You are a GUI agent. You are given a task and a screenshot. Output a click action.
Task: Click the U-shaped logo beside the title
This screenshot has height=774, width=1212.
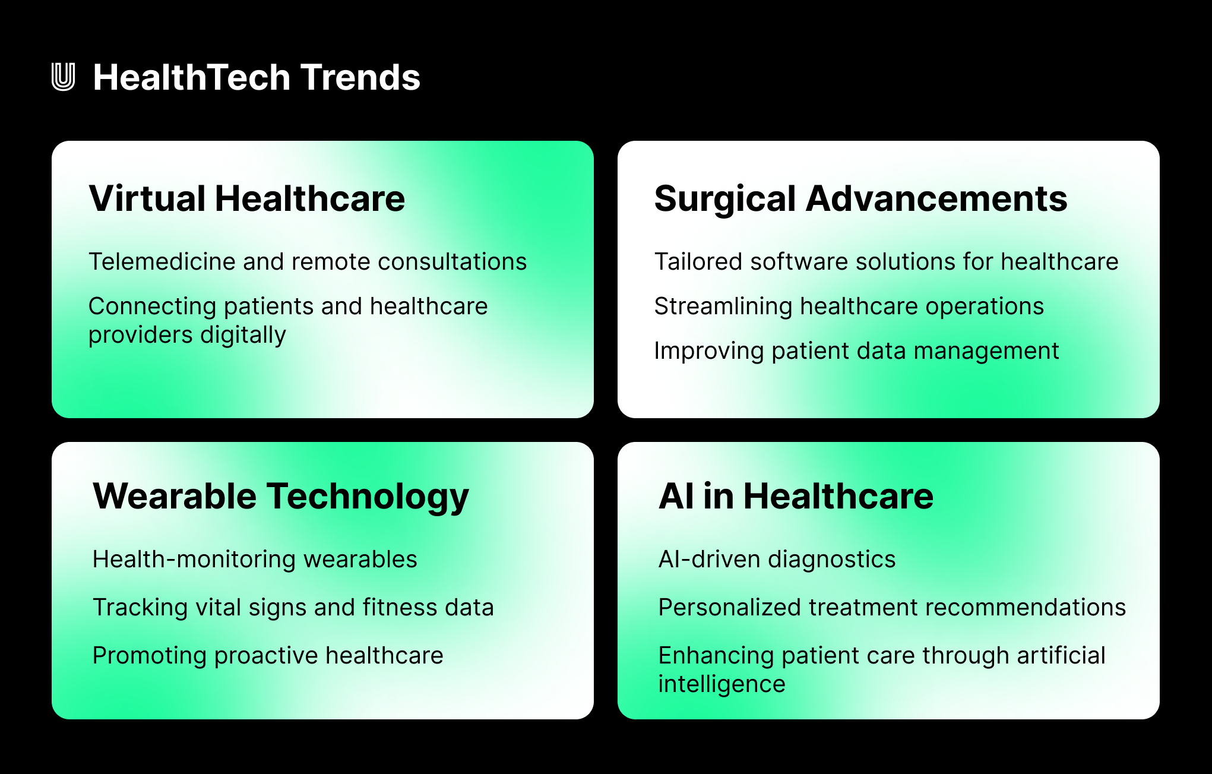(63, 77)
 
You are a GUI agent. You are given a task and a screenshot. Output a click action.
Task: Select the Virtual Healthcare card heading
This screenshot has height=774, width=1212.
(246, 198)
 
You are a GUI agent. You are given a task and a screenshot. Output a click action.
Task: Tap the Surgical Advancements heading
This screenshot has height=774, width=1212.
(860, 198)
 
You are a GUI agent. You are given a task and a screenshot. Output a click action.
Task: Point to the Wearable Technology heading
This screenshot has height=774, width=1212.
(280, 497)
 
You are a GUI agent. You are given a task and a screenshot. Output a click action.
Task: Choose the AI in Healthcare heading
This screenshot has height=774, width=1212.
(796, 497)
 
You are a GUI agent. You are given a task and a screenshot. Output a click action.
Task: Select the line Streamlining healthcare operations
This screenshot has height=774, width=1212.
(849, 307)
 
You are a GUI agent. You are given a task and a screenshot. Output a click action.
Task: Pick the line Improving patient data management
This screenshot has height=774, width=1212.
(856, 351)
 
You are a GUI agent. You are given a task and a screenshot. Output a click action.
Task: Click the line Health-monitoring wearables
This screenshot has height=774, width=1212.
(255, 560)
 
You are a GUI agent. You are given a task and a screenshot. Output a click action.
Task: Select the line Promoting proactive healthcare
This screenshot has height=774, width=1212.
(268, 656)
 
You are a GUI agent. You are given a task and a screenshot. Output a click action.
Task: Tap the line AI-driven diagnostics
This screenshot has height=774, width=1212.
(777, 560)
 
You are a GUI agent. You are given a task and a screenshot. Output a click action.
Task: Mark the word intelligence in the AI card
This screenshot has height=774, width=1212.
(721, 684)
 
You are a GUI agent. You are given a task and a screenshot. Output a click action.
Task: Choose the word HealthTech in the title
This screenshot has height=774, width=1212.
(192, 77)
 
